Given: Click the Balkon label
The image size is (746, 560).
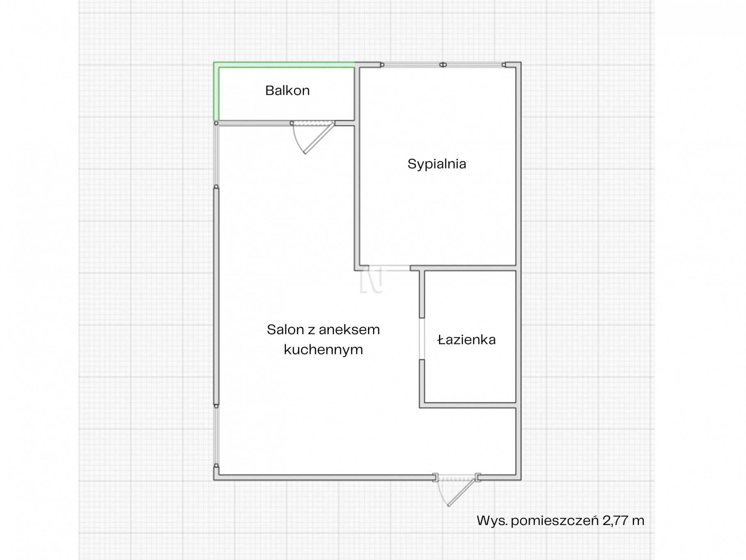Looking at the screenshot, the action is [287, 90].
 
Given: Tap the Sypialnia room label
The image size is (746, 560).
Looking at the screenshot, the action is [437, 164].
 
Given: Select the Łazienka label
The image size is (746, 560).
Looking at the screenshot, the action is [467, 340].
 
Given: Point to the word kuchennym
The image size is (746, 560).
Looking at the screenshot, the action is [323, 349].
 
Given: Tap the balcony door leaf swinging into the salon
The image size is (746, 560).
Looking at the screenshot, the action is [319, 138].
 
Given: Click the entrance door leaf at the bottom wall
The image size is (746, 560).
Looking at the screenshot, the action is [462, 492].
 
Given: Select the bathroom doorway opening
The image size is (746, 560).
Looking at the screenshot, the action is [421, 339].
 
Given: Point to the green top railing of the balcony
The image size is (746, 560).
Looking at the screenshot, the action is [284, 64].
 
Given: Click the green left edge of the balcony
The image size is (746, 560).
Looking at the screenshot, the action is [216, 91].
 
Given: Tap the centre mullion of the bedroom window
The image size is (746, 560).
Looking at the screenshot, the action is [443, 65].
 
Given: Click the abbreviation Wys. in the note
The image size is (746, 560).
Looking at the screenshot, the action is [492, 521].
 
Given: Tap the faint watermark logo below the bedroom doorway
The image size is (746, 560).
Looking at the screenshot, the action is [371, 280].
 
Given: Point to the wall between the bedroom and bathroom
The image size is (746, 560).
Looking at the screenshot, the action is [463, 268].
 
